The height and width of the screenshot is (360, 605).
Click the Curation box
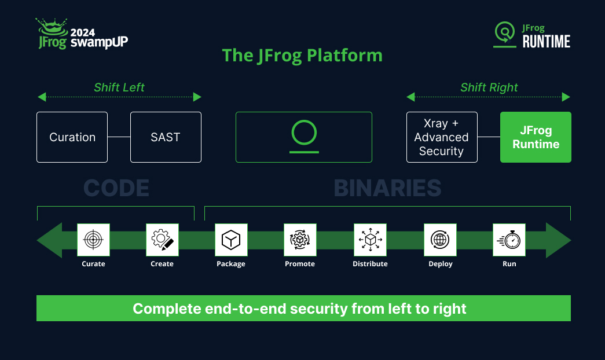tap(72, 137)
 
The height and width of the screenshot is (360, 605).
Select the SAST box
tap(166, 137)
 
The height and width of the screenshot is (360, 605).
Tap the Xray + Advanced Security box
tap(442, 137)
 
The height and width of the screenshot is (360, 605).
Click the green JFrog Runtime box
tap(536, 137)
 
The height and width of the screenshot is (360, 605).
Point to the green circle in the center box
tap(304, 133)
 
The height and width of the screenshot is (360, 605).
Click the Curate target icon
tap(93, 240)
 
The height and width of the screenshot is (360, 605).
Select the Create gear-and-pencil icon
tap(162, 240)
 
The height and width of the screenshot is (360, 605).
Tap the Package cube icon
tap(231, 240)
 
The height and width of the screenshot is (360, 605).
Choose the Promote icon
tap(300, 240)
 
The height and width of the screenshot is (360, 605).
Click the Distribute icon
tap(370, 240)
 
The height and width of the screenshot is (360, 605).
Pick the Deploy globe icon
tap(440, 240)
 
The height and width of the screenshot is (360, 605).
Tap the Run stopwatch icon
tap(509, 240)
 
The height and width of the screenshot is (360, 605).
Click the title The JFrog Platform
tap(302, 56)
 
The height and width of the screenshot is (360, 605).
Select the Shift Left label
tap(119, 87)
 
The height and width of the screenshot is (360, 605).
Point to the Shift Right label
tap(489, 87)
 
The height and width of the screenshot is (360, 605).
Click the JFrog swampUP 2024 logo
tap(82, 34)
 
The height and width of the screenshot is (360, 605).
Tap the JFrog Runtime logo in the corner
tap(532, 35)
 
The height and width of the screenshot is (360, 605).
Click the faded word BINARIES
tap(387, 188)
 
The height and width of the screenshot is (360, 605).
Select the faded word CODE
tap(116, 188)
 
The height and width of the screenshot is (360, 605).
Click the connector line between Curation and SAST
tap(119, 137)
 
